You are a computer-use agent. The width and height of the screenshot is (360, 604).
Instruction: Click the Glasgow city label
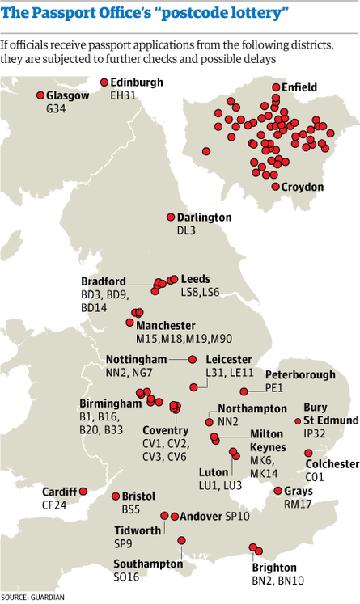[x=69, y=95]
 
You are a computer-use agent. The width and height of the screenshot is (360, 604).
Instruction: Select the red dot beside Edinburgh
[x=104, y=82]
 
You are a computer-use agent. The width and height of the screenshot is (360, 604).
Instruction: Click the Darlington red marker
[x=170, y=218]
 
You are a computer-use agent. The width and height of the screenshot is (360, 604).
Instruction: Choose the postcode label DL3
[x=186, y=230]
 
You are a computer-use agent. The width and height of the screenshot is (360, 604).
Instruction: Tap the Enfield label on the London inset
[x=299, y=87]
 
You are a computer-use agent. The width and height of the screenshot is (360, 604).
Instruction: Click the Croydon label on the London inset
[x=303, y=188]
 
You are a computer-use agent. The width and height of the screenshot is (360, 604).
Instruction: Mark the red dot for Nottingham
[x=192, y=359]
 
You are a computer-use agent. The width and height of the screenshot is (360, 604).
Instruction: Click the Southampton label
[x=143, y=564]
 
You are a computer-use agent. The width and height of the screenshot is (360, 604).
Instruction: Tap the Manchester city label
[x=166, y=325]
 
